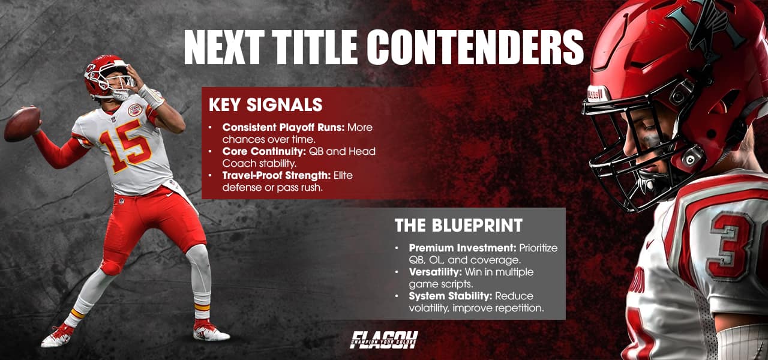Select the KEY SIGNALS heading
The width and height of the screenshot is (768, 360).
[x=265, y=105]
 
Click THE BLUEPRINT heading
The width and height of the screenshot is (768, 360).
[x=458, y=226]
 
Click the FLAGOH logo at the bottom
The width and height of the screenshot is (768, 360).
[x=384, y=340]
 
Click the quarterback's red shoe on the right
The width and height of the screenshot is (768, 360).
[x=210, y=331]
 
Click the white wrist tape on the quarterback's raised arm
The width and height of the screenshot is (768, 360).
[x=151, y=97]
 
